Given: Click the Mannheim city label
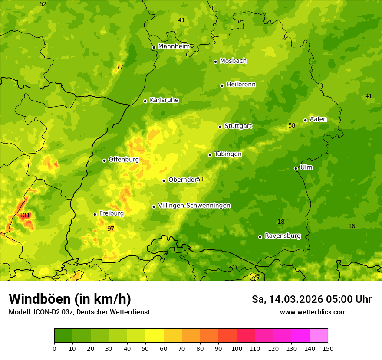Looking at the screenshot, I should pyautogui.click(x=174, y=46).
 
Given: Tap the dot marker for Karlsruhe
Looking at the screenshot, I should pyautogui.click(x=145, y=101).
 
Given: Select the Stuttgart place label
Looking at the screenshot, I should pyautogui.click(x=238, y=126).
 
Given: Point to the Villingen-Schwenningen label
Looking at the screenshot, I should pyautogui.click(x=194, y=206).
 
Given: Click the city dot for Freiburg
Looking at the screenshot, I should pyautogui.click(x=95, y=214).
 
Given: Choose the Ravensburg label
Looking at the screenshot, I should pyautogui.click(x=283, y=236).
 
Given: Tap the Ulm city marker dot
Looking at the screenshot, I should pyautogui.click(x=296, y=168).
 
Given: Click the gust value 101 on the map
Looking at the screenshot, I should pyautogui.click(x=25, y=215).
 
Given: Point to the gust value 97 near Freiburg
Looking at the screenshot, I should pyautogui.click(x=111, y=229).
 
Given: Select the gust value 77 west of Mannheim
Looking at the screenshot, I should pyautogui.click(x=120, y=67).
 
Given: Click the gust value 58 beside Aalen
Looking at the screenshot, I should pyautogui.click(x=292, y=125).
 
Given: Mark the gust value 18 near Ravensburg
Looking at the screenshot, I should pyautogui.click(x=281, y=222).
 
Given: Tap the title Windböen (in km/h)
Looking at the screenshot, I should pyautogui.click(x=70, y=299).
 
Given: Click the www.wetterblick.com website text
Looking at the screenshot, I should pyautogui.click(x=313, y=312).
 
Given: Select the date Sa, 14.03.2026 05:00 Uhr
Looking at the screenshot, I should pyautogui.click(x=311, y=299).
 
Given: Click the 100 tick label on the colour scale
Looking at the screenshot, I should pyautogui.click(x=237, y=348).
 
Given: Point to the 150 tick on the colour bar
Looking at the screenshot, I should pyautogui.click(x=327, y=348).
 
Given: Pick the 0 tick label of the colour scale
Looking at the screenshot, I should pyautogui.click(x=54, y=348).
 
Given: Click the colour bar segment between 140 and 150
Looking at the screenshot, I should pyautogui.click(x=319, y=336).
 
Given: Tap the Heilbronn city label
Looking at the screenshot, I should pyautogui.click(x=241, y=85).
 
